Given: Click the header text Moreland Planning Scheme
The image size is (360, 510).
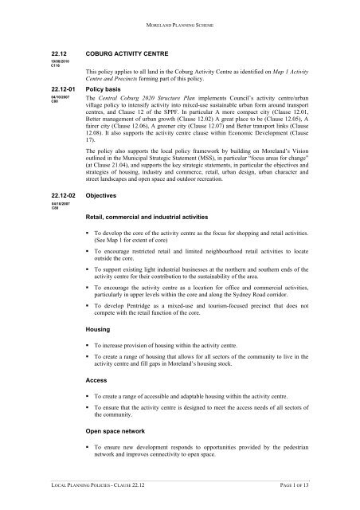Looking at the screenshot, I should (180, 14).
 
